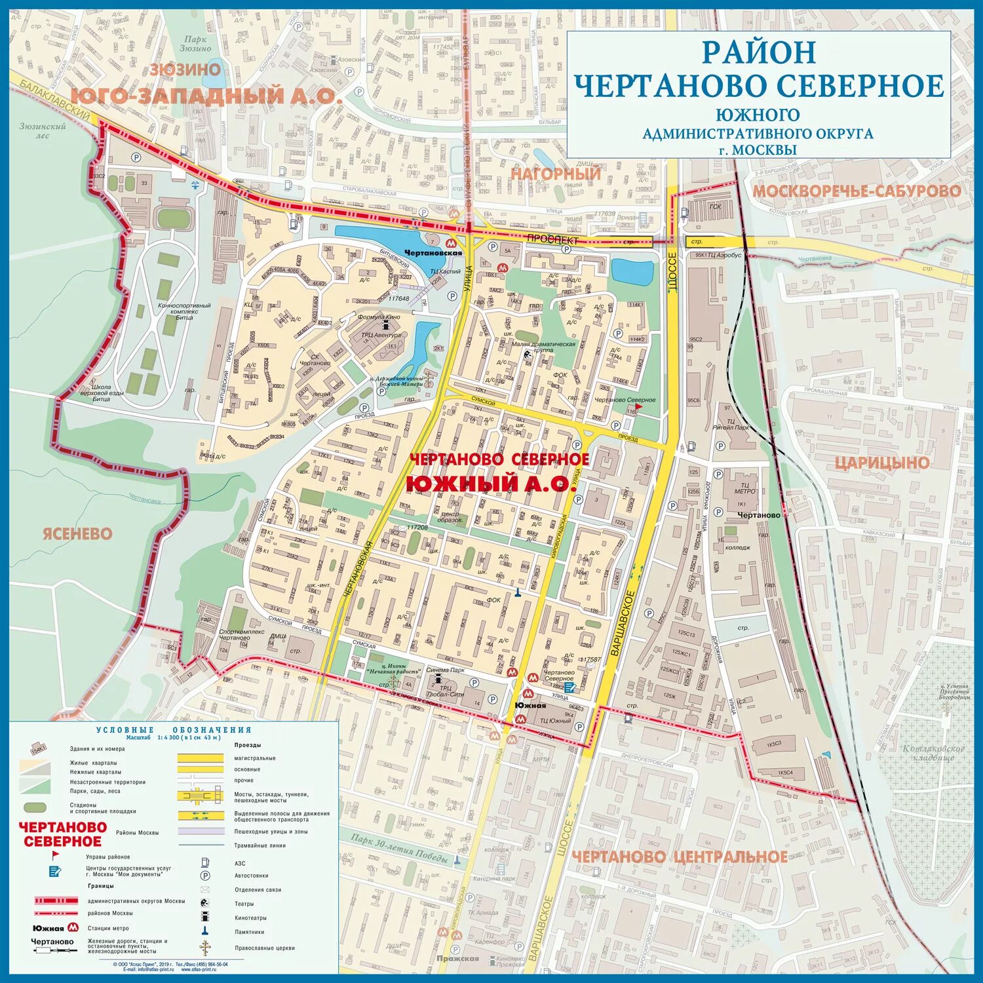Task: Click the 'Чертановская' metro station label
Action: pyautogui.click(x=433, y=253)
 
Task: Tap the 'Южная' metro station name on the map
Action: pyautogui.click(x=530, y=706)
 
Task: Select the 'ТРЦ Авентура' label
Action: pyautogui.click(x=381, y=335)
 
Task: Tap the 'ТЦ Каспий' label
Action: pyautogui.click(x=445, y=271)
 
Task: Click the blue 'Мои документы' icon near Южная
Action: pyautogui.click(x=569, y=687)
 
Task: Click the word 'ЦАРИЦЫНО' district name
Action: pyautogui.click(x=882, y=463)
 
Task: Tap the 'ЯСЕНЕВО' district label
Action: pyautogui.click(x=77, y=533)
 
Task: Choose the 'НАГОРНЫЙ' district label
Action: pyautogui.click(x=556, y=174)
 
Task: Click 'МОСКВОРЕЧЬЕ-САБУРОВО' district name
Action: pyautogui.click(x=856, y=191)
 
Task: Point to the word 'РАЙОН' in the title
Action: pyautogui.click(x=759, y=52)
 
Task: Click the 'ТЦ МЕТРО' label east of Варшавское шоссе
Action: pyautogui.click(x=744, y=488)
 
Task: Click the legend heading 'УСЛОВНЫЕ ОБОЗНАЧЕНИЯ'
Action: pyautogui.click(x=174, y=730)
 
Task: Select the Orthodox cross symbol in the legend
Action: pyautogui.click(x=205, y=948)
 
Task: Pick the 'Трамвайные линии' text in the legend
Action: pyautogui.click(x=260, y=845)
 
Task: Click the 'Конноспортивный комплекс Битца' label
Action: pyautogui.click(x=184, y=311)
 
